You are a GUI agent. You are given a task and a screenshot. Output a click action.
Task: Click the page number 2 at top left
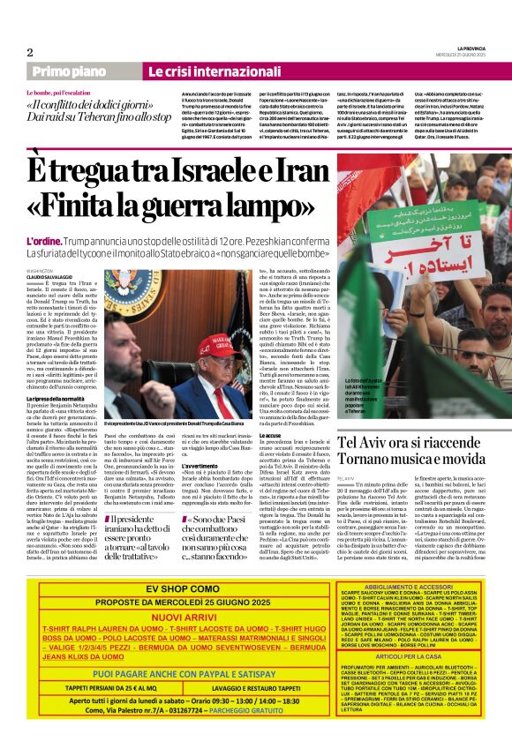[x=29, y=52]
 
